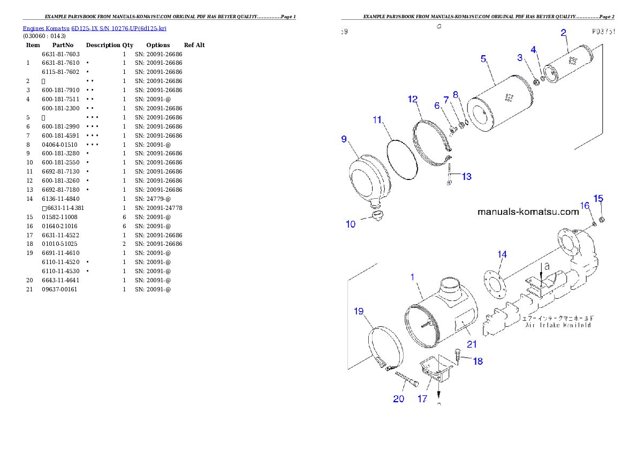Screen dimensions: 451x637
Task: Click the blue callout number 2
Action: pos(563,33)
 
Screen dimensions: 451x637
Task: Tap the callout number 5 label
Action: pos(483,58)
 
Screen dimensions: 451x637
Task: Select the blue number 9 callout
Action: pos(344,139)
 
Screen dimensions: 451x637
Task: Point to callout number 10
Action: pos(351,224)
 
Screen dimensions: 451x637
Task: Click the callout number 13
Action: pos(467,176)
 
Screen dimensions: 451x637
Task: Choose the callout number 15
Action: pos(598,199)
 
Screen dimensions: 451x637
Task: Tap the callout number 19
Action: pos(359,311)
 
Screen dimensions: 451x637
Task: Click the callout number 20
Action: pos(399,399)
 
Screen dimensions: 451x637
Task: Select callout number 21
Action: pos(471,344)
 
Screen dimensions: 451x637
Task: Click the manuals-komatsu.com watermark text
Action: pos(528,212)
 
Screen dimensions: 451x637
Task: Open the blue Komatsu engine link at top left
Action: pos(94,28)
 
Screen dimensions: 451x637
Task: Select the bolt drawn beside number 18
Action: pos(458,354)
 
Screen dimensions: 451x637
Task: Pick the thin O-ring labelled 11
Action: pos(401,159)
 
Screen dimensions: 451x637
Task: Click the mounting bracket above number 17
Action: pos(436,370)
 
